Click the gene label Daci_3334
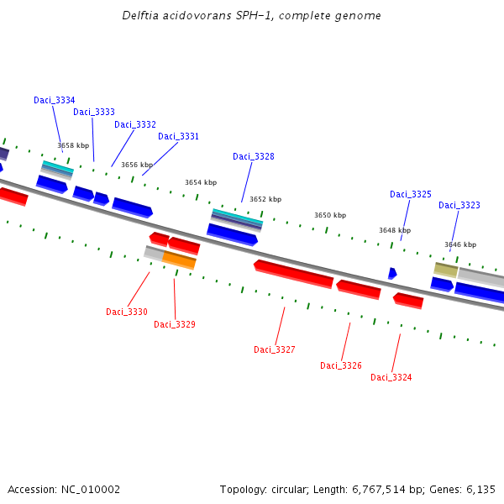[x=55, y=100]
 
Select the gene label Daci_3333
[x=94, y=112]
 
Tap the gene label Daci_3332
[x=135, y=124]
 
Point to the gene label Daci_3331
[x=179, y=136]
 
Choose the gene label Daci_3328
[x=254, y=156]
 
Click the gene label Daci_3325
[x=411, y=194]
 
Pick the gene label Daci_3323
[x=459, y=205]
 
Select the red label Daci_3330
[x=127, y=312]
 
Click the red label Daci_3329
[x=175, y=324]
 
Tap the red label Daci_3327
[x=275, y=349]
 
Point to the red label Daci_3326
[x=341, y=365]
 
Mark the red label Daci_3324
[x=391, y=377]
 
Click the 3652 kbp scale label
[x=265, y=199]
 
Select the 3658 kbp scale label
[x=73, y=145]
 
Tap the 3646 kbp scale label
[x=460, y=244]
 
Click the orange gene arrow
[x=179, y=260]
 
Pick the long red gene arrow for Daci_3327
[x=293, y=273]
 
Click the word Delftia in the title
[x=139, y=15]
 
